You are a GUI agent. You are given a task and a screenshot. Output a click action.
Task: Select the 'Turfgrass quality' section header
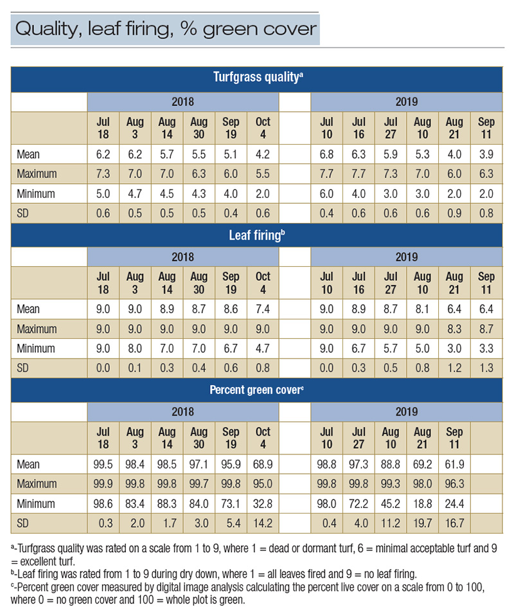click(x=258, y=78)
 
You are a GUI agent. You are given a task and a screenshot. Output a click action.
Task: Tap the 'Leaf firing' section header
click(x=258, y=235)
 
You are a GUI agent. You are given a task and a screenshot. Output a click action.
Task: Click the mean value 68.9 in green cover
click(x=263, y=464)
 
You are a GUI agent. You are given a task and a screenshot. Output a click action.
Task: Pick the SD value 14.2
click(x=263, y=523)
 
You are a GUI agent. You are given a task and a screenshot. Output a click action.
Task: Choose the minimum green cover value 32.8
click(x=263, y=504)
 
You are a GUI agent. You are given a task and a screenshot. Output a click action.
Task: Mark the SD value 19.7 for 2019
click(x=422, y=523)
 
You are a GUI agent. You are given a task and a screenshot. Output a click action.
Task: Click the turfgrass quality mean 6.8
click(x=326, y=154)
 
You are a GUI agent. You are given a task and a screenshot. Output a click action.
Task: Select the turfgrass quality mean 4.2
click(x=263, y=154)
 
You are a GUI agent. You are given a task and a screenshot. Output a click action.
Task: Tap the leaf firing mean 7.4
click(x=263, y=310)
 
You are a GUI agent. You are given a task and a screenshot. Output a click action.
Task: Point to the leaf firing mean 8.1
click(x=422, y=310)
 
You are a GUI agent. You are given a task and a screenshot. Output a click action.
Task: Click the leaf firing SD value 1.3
click(x=486, y=369)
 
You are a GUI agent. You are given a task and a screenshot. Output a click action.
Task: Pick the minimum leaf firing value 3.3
click(x=486, y=349)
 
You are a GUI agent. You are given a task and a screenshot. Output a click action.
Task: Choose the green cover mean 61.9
click(x=454, y=464)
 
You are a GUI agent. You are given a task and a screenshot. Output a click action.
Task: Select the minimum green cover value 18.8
click(x=422, y=504)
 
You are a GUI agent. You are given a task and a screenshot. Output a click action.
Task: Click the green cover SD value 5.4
click(x=231, y=523)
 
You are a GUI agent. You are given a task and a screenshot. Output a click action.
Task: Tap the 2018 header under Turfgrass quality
click(x=182, y=102)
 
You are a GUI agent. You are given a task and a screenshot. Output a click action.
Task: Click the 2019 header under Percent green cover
click(x=406, y=411)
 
